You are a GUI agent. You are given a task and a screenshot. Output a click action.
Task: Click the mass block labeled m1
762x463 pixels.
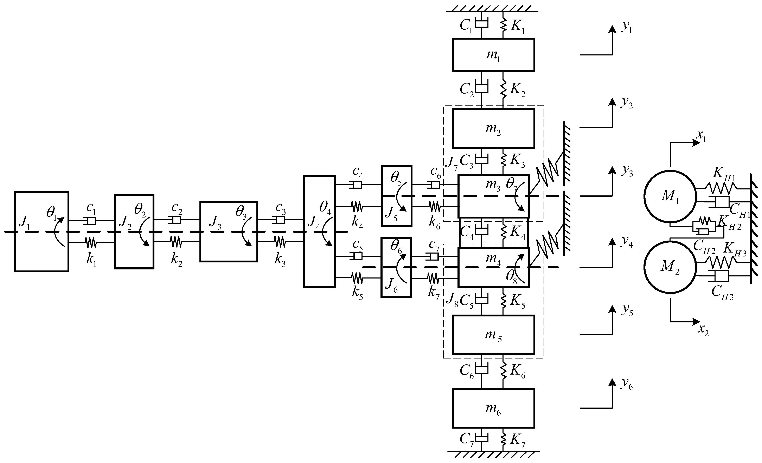pyautogui.click(x=493, y=55)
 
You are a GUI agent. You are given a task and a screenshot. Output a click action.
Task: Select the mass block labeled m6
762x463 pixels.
pyautogui.click(x=493, y=408)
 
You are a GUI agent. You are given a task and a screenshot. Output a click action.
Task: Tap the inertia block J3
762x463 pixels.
pyautogui.click(x=229, y=232)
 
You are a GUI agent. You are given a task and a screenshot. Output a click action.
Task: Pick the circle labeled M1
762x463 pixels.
pyautogui.click(x=670, y=196)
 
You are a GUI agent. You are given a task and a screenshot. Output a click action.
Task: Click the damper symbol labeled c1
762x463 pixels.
pyautogui.click(x=90, y=221)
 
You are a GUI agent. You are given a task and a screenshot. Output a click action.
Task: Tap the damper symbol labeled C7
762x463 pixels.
pyautogui.click(x=481, y=438)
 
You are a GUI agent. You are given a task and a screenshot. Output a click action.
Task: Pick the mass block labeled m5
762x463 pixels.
pyautogui.click(x=493, y=335)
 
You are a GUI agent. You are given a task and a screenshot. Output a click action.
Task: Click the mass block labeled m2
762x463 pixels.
pyautogui.click(x=493, y=128)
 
